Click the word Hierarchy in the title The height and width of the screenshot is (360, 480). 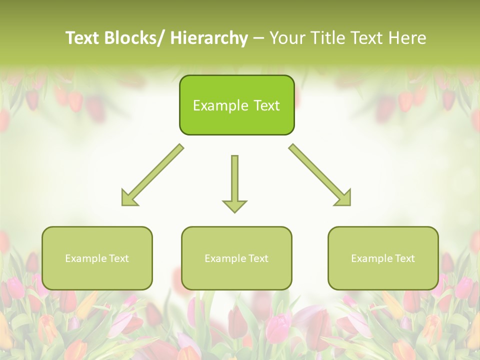(209, 38)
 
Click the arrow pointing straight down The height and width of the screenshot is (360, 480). (234, 180)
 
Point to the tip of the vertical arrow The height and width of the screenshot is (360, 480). (234, 211)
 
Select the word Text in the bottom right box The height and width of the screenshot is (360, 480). (404, 258)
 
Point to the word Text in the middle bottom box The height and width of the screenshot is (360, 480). (258, 258)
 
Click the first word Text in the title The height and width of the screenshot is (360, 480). (82, 38)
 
